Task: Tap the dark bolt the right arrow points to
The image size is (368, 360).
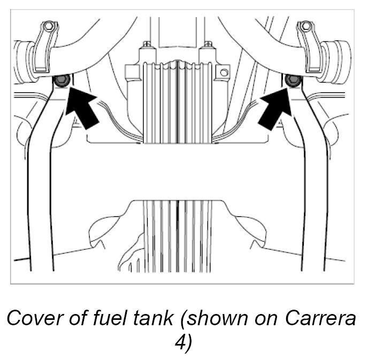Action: click(292, 81)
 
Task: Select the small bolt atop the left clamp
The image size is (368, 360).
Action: click(49, 26)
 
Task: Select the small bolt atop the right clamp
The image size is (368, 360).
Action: click(306, 26)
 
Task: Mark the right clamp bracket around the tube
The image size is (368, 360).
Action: click(313, 51)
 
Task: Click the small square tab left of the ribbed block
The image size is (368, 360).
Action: click(128, 69)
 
